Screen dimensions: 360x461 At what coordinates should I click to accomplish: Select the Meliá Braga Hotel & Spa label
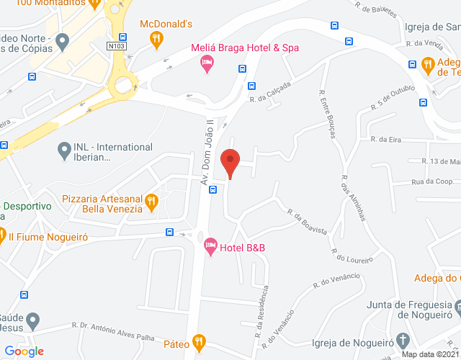click(245, 48)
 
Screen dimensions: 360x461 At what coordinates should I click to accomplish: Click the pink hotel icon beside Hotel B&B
click(210, 248)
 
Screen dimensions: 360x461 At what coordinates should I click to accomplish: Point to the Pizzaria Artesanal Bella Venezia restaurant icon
click(151, 203)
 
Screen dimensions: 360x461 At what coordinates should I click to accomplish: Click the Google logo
click(24, 351)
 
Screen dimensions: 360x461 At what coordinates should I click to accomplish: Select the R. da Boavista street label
click(308, 222)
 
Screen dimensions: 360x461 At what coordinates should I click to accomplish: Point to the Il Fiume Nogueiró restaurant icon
click(2, 235)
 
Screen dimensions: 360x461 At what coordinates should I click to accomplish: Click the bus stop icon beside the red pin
click(213, 190)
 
